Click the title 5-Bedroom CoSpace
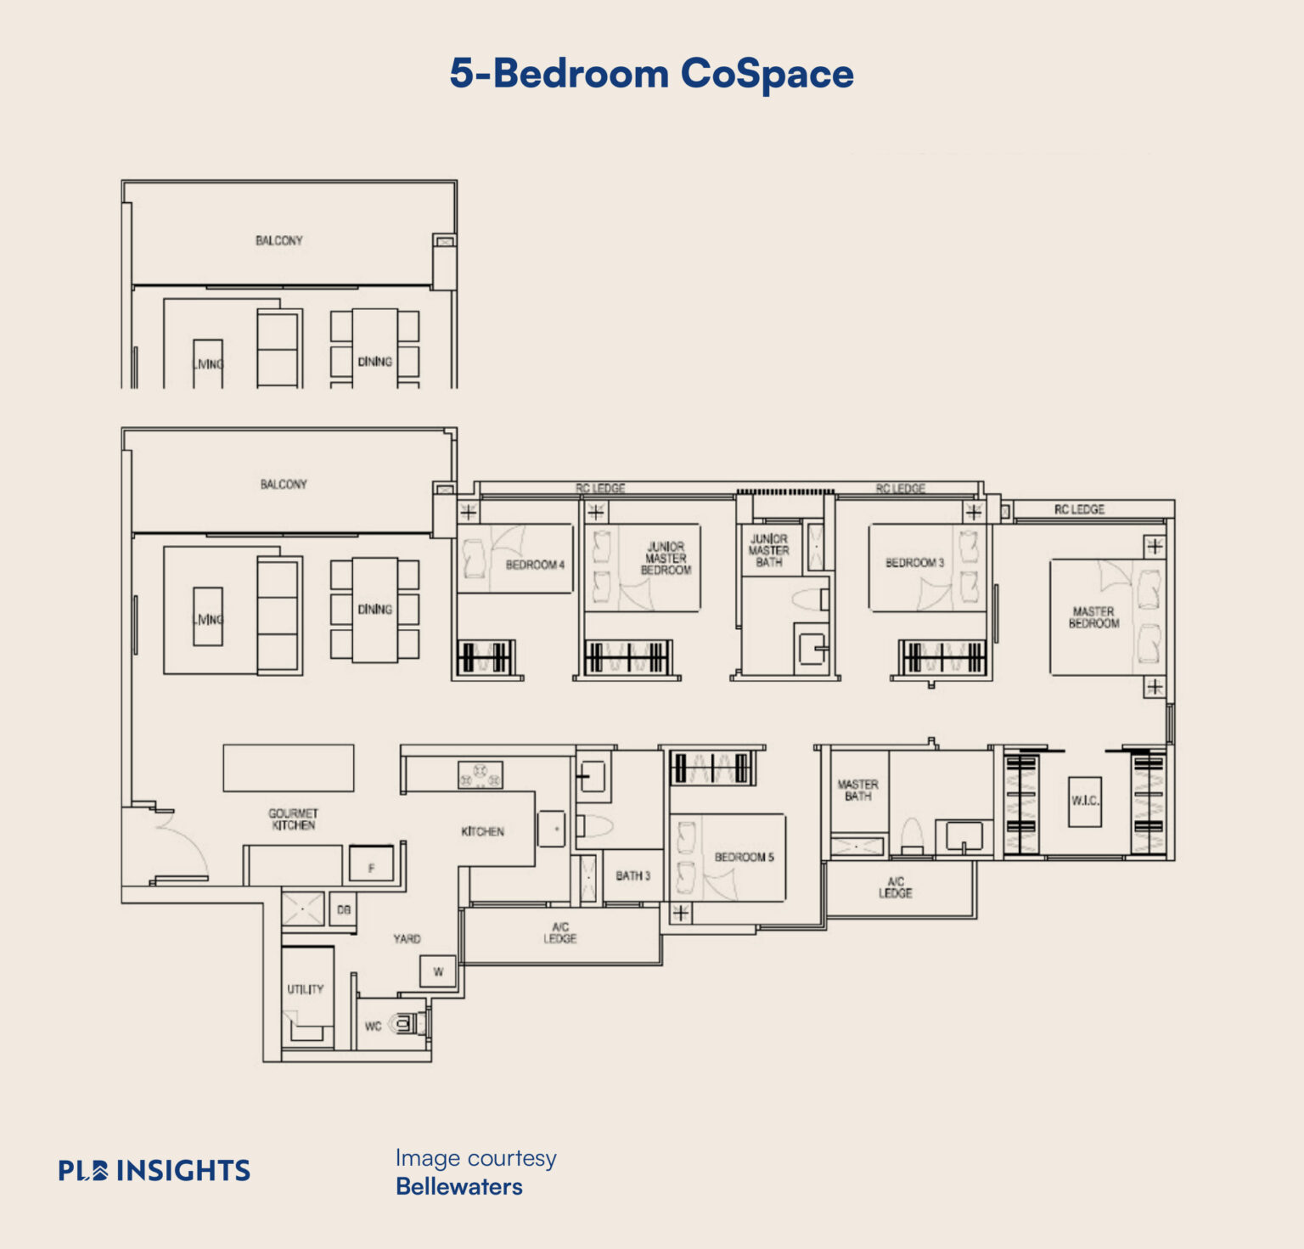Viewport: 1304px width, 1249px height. (x=651, y=74)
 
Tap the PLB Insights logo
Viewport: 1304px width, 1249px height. (x=155, y=1171)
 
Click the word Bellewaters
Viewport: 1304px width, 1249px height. (x=458, y=1186)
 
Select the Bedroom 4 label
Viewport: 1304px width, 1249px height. (x=535, y=565)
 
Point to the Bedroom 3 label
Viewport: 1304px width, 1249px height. (x=914, y=563)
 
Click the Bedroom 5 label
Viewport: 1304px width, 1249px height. (x=744, y=857)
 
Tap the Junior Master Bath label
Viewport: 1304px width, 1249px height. (x=768, y=550)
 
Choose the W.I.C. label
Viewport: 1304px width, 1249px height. (x=1085, y=801)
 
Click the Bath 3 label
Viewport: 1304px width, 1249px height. (x=632, y=875)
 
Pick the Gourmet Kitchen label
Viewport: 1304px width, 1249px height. (x=293, y=819)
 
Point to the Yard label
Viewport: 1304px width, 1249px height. (x=407, y=938)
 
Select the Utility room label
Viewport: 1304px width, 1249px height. (x=305, y=989)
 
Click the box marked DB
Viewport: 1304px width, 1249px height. (x=344, y=910)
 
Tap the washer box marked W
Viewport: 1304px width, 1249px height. (x=438, y=971)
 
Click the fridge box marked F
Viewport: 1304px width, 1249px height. (x=371, y=867)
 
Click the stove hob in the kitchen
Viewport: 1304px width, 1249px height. (x=480, y=774)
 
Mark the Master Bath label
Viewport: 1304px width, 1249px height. (x=857, y=790)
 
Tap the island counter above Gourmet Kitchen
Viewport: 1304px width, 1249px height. (x=289, y=768)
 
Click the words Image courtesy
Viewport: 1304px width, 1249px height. (x=475, y=1158)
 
